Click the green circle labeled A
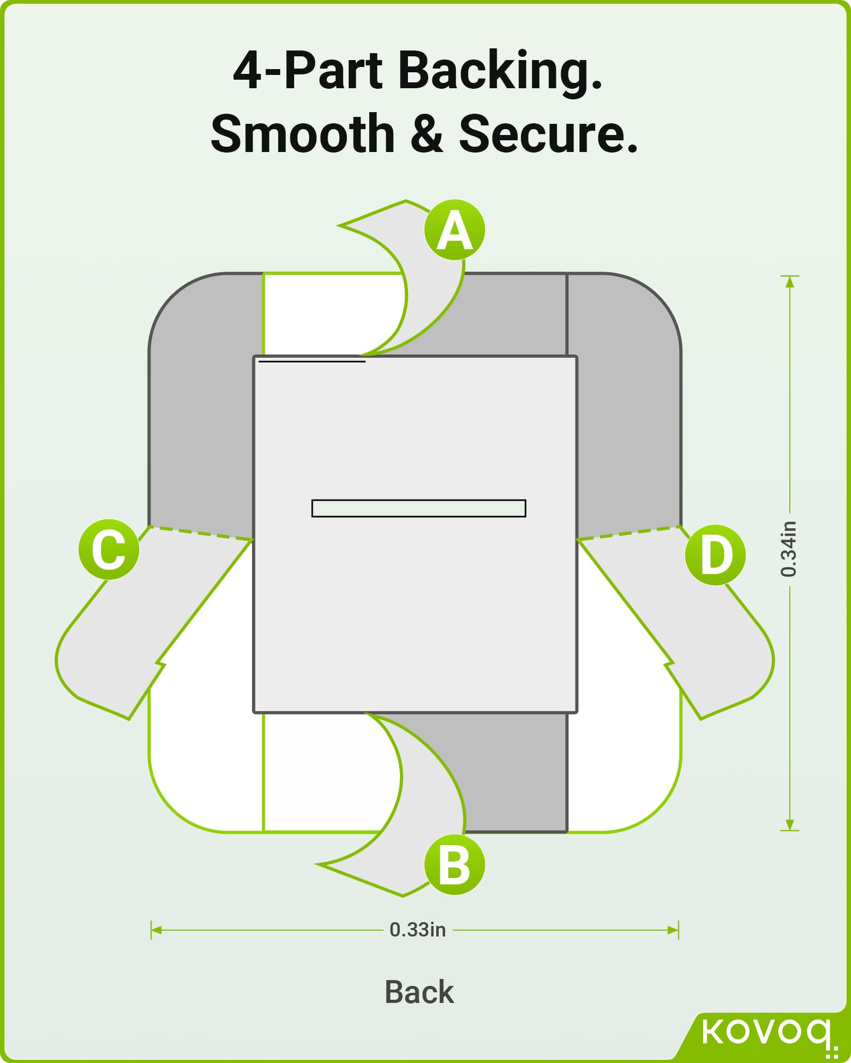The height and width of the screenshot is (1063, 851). click(x=455, y=230)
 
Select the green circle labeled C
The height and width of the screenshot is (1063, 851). click(x=109, y=550)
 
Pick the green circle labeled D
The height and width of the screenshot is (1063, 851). click(x=715, y=555)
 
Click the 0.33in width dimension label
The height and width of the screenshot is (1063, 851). click(x=418, y=930)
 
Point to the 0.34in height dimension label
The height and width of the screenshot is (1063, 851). click(x=789, y=549)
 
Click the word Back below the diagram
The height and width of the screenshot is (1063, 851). click(x=419, y=992)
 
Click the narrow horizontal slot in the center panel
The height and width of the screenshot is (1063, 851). click(x=419, y=508)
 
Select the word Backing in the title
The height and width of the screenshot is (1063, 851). click(x=500, y=71)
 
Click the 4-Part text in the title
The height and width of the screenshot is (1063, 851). click(x=307, y=71)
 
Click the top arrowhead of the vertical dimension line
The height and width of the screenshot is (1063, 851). click(x=790, y=281)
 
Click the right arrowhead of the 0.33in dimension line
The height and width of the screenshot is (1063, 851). click(x=674, y=930)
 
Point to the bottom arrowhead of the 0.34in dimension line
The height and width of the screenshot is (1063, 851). click(x=790, y=825)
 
